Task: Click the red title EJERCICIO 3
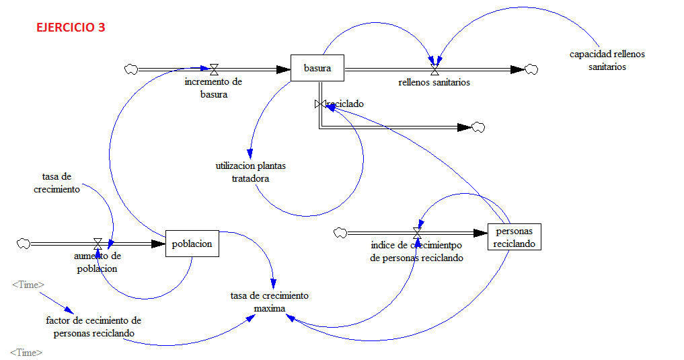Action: tap(71, 28)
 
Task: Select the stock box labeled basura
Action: tap(317, 68)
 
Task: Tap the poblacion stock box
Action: tap(192, 244)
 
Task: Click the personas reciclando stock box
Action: tap(514, 237)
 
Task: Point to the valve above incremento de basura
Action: tap(214, 69)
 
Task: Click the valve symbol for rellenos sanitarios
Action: tap(434, 69)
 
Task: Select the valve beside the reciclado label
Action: tap(320, 104)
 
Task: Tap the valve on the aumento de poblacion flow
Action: tap(98, 244)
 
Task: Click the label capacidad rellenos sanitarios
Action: tap(607, 61)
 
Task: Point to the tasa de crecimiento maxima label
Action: tap(269, 302)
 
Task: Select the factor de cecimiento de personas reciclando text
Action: tap(93, 327)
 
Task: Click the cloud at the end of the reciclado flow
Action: tap(478, 127)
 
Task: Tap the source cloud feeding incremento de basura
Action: tap(131, 69)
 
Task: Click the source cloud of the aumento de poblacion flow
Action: tap(24, 244)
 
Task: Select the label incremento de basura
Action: tap(213, 87)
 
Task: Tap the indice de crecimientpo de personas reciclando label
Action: tap(417, 252)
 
